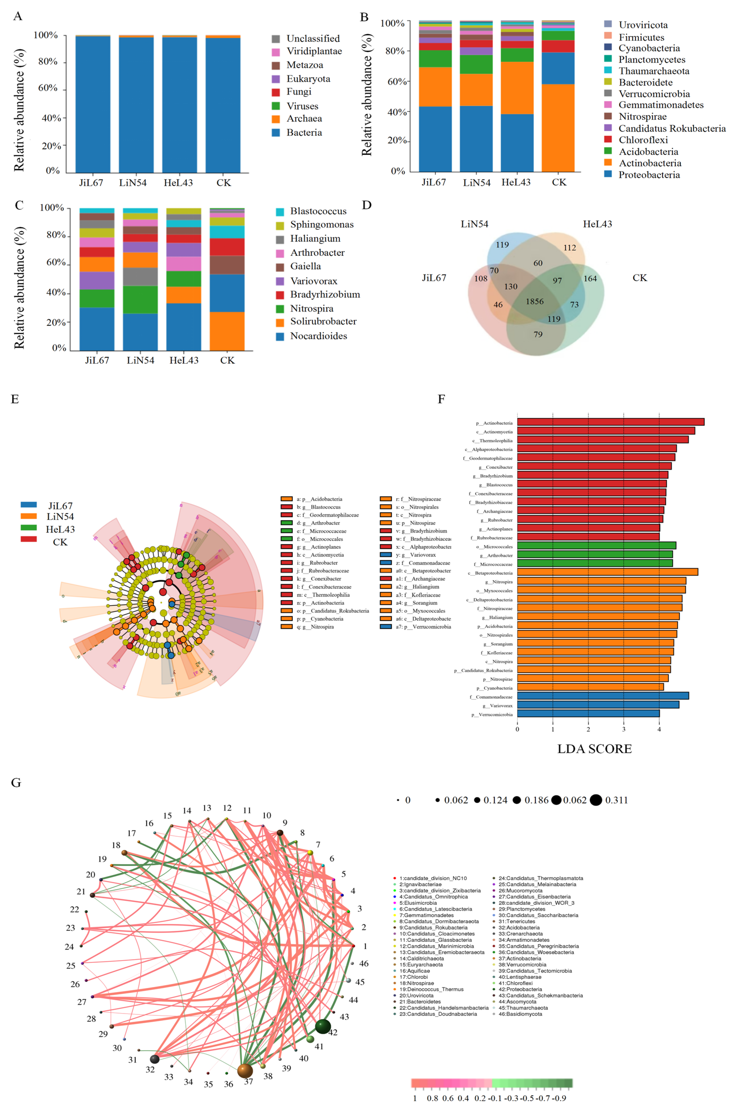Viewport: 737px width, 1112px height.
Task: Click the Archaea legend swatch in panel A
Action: tap(276, 119)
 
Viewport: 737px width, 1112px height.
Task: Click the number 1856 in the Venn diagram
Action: tap(534, 301)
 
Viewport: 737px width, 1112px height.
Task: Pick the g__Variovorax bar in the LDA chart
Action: tap(598, 704)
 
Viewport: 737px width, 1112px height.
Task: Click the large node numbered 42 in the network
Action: tap(322, 1027)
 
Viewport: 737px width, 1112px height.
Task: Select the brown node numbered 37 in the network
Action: tap(245, 1071)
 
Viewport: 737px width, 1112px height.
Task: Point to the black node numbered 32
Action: tap(154, 1059)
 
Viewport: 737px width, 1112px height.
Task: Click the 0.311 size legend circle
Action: tap(596, 800)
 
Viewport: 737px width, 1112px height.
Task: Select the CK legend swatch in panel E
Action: tap(29, 539)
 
